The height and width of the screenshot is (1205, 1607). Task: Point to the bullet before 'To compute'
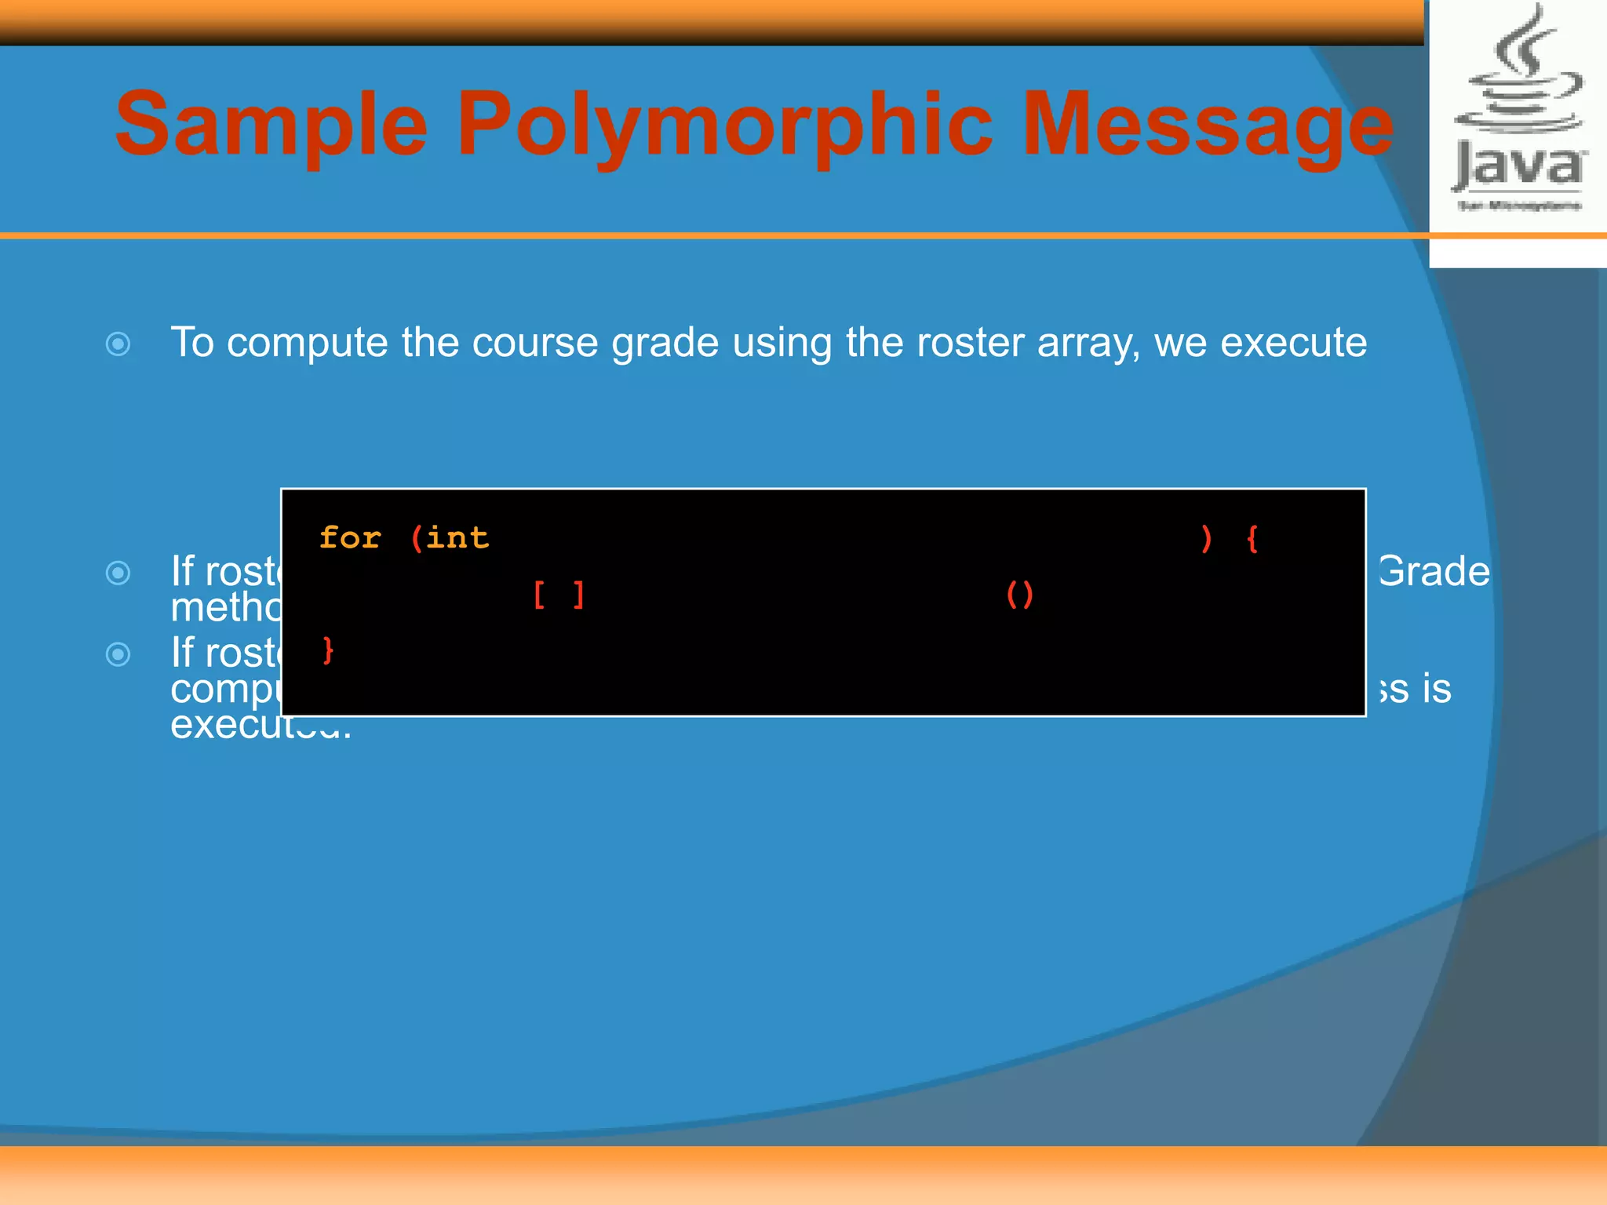(x=118, y=344)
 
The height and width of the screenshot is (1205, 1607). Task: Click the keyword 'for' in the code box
(x=350, y=538)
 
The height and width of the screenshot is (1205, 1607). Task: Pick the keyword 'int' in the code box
(x=457, y=538)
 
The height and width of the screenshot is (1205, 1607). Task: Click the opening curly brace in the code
(x=1252, y=539)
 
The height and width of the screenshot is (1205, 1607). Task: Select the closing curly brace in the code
(x=328, y=650)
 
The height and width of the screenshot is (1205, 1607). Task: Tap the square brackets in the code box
(x=559, y=595)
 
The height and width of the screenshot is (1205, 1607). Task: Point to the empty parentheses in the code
(x=1020, y=595)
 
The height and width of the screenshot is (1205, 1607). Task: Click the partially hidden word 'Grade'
(x=1434, y=571)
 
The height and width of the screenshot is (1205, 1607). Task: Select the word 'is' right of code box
(x=1437, y=689)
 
